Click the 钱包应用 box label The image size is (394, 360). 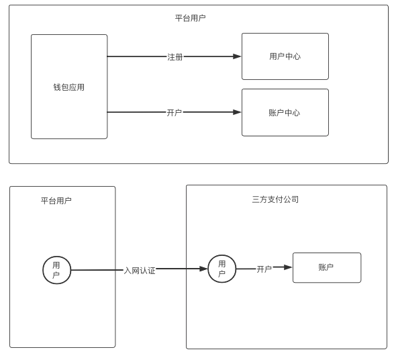[69, 87]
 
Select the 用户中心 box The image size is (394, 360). [285, 56]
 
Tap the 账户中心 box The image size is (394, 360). [285, 112]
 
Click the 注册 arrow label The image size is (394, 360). [175, 57]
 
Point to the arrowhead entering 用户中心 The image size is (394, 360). [237, 56]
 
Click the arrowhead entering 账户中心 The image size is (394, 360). [237, 112]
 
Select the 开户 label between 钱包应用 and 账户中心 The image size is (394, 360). [174, 112]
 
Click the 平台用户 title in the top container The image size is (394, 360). [190, 18]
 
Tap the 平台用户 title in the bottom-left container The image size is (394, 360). [56, 201]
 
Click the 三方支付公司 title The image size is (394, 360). [275, 199]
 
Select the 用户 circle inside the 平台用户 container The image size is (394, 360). [57, 270]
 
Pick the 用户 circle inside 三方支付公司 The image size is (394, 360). [222, 269]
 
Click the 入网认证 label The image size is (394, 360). [140, 271]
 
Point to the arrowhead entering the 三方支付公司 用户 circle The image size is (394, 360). [203, 269]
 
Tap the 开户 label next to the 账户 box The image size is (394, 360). [264, 269]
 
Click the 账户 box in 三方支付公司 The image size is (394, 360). [327, 267]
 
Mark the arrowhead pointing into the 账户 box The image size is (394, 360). [288, 267]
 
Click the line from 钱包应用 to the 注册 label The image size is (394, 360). [137, 56]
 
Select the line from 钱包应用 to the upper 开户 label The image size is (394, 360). [137, 112]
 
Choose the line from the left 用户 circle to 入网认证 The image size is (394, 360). [97, 270]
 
